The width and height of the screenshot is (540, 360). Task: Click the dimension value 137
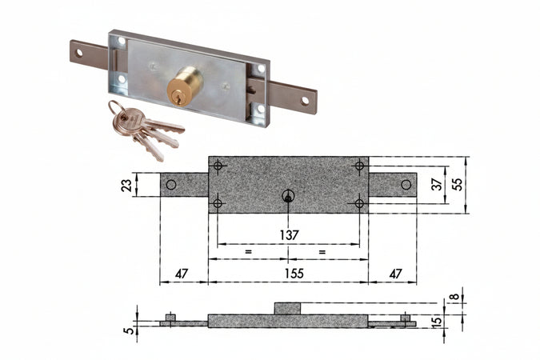(x=289, y=234)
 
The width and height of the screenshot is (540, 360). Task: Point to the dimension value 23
(x=126, y=185)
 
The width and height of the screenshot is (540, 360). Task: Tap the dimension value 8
(x=455, y=298)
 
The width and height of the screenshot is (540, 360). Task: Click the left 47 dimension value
(x=182, y=273)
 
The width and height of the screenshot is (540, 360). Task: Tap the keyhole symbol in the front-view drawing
(x=288, y=196)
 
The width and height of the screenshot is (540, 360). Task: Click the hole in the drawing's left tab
(x=171, y=185)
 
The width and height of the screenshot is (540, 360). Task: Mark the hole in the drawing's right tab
(x=406, y=185)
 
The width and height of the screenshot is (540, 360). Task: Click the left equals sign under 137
(x=249, y=252)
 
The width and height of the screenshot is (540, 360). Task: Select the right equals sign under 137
(x=322, y=252)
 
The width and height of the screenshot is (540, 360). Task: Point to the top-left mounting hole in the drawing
(x=218, y=166)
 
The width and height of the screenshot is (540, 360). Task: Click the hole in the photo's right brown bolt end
(x=304, y=102)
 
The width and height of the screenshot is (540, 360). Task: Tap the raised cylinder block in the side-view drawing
(x=288, y=309)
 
